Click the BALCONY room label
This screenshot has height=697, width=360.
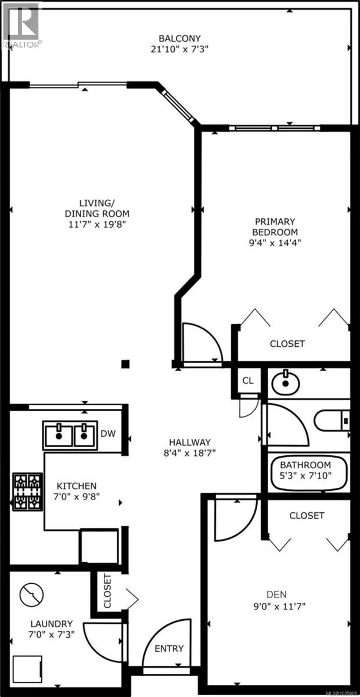179,38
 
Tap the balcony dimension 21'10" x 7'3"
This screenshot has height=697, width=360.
179,49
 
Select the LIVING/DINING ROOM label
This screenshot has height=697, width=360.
97,209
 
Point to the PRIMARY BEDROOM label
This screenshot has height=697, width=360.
275,227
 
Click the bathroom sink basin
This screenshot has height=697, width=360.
286,382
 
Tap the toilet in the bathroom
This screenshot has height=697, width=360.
332,421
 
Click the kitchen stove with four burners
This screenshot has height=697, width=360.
27,492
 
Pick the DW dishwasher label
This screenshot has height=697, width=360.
108,433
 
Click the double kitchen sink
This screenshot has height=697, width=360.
70,435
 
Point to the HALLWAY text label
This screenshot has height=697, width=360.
190,442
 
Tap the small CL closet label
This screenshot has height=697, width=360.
248,380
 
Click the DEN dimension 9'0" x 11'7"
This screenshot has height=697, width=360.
279,606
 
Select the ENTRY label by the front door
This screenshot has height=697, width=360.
169,648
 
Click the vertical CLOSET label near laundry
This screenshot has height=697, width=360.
107,591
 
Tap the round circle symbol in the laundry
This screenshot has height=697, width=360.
31,594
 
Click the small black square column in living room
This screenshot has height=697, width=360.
125,364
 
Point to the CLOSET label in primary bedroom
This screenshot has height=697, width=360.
287,343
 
